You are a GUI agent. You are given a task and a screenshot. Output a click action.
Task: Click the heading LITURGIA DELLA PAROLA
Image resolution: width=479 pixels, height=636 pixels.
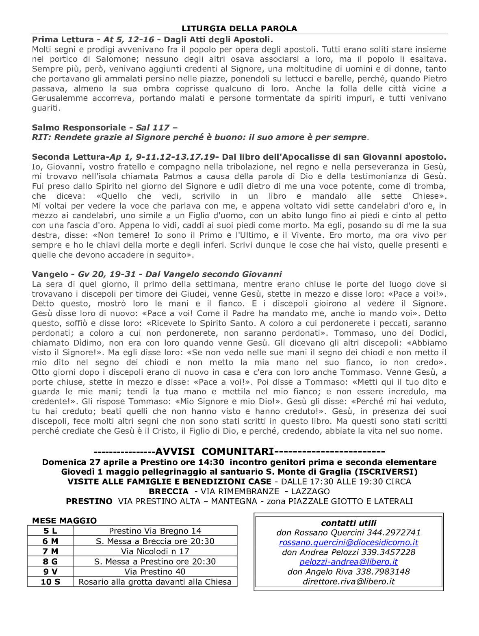tap(239, 28)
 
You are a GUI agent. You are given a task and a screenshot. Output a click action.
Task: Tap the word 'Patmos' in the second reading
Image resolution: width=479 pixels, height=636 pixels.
tap(178, 176)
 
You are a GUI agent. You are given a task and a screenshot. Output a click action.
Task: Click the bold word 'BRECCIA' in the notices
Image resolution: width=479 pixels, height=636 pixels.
tap(169, 491)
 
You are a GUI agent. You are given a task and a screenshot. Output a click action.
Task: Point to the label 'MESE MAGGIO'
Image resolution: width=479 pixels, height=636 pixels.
tap(64, 521)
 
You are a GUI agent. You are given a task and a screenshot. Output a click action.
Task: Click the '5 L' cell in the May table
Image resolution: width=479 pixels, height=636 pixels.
tap(50, 531)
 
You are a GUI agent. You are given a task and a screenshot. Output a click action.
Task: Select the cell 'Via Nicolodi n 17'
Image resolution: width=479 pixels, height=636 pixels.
tap(155, 551)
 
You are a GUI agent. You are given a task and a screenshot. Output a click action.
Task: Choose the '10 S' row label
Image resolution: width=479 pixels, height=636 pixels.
tap(50, 582)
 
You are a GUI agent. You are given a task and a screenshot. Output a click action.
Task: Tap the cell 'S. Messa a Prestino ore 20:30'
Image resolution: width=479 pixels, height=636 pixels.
tap(155, 561)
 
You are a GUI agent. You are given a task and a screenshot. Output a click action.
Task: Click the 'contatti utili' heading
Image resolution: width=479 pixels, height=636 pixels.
tap(349, 523)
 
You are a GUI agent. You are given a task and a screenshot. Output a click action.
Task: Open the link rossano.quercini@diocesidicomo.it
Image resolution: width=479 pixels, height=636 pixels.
tap(349, 543)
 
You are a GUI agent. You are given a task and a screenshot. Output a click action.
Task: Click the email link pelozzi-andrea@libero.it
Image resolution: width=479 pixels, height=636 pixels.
tap(349, 562)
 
